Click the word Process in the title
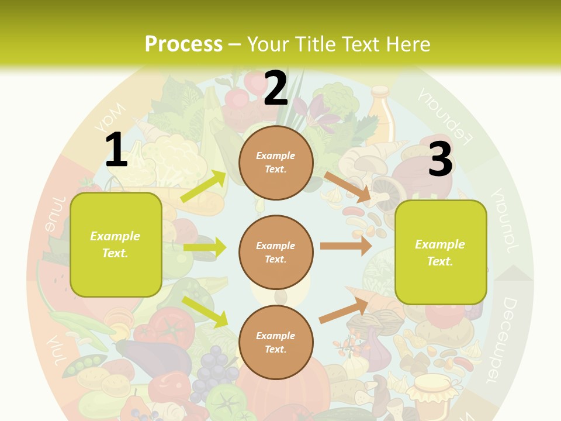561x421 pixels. coord(183,44)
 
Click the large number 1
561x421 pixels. coord(116,150)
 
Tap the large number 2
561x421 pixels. coord(276,88)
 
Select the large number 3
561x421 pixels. coord(441,159)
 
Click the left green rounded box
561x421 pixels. coord(116,244)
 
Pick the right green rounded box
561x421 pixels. coord(441,253)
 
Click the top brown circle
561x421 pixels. coord(276,163)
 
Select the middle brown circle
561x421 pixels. coord(276,253)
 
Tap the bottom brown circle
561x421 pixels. coord(276,343)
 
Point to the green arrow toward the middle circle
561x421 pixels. coord(205,247)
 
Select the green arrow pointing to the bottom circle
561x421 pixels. coord(205,311)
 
